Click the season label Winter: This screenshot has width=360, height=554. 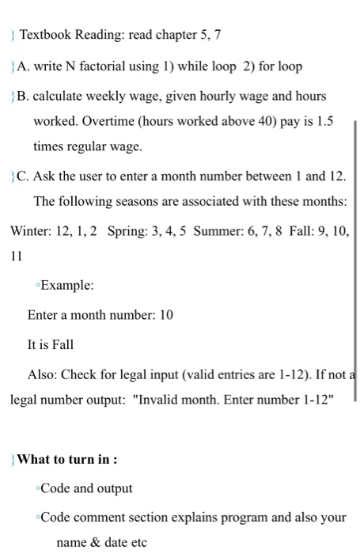tap(31, 230)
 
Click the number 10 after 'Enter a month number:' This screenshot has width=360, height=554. tap(166, 315)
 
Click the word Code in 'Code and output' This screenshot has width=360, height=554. tap(55, 488)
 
